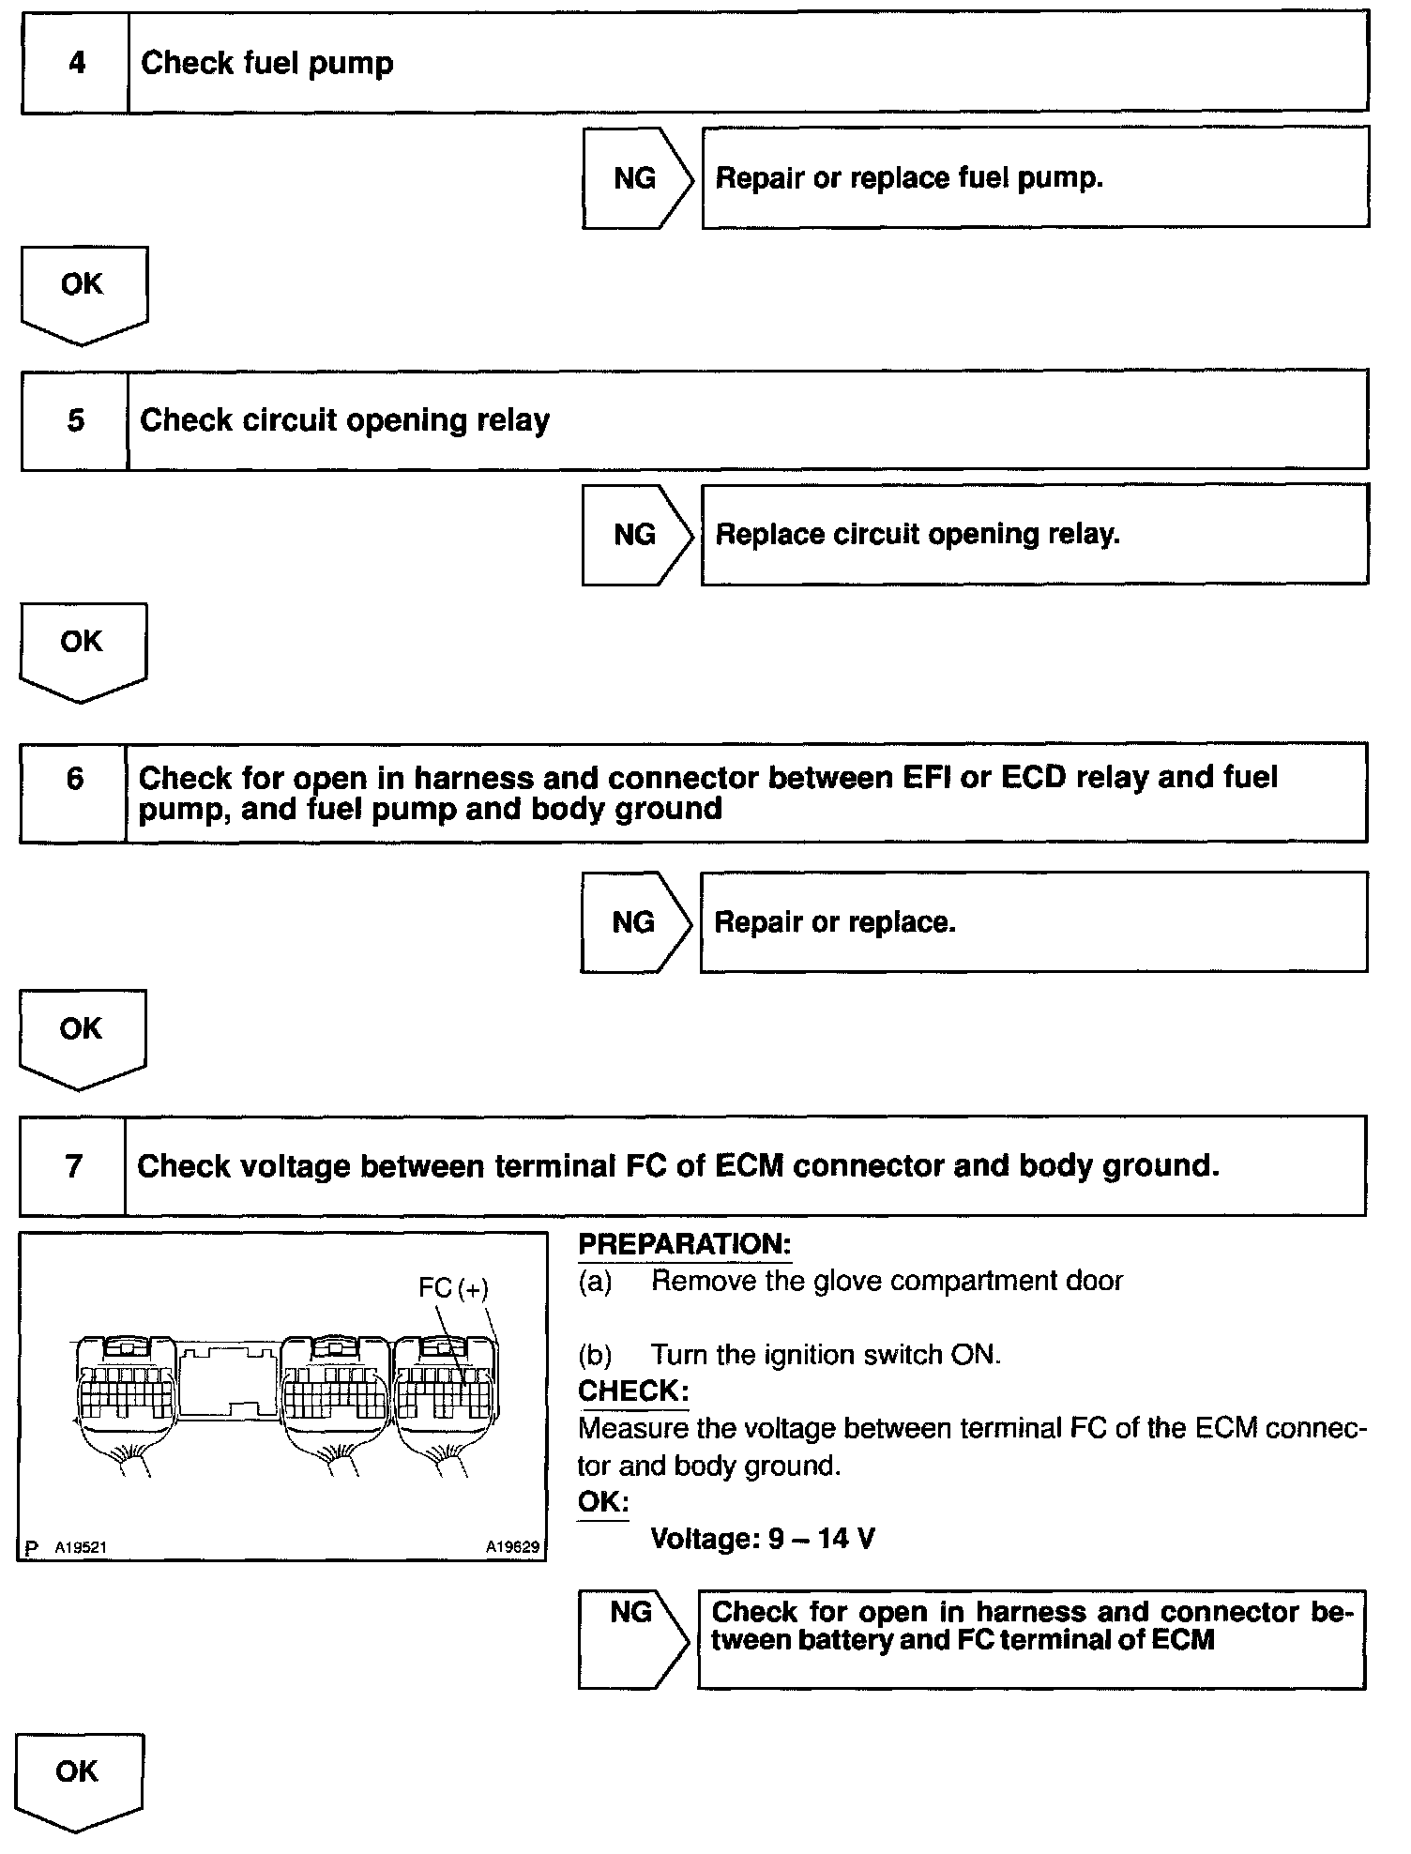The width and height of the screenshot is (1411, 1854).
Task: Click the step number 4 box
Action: (75, 63)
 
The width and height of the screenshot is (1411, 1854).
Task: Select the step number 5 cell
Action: (75, 419)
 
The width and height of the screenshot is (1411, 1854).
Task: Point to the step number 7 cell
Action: (73, 1166)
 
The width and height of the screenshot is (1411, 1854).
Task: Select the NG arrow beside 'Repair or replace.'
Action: (633, 922)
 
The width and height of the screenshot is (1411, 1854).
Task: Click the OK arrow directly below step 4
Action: (83, 291)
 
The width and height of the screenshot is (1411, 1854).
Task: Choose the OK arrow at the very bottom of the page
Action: (78, 1778)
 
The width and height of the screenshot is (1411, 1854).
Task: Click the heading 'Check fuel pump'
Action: (267, 63)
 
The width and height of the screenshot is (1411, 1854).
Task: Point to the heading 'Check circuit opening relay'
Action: (344, 419)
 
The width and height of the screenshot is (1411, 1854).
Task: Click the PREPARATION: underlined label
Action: (685, 1244)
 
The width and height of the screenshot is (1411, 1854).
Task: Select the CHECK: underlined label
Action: (633, 1390)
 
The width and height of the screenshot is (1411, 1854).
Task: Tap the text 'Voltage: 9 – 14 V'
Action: (763, 1539)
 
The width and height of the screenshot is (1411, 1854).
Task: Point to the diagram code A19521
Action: (80, 1547)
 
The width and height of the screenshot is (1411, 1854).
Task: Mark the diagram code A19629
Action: (512, 1547)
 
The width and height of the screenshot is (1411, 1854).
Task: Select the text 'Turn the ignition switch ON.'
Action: (826, 1355)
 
